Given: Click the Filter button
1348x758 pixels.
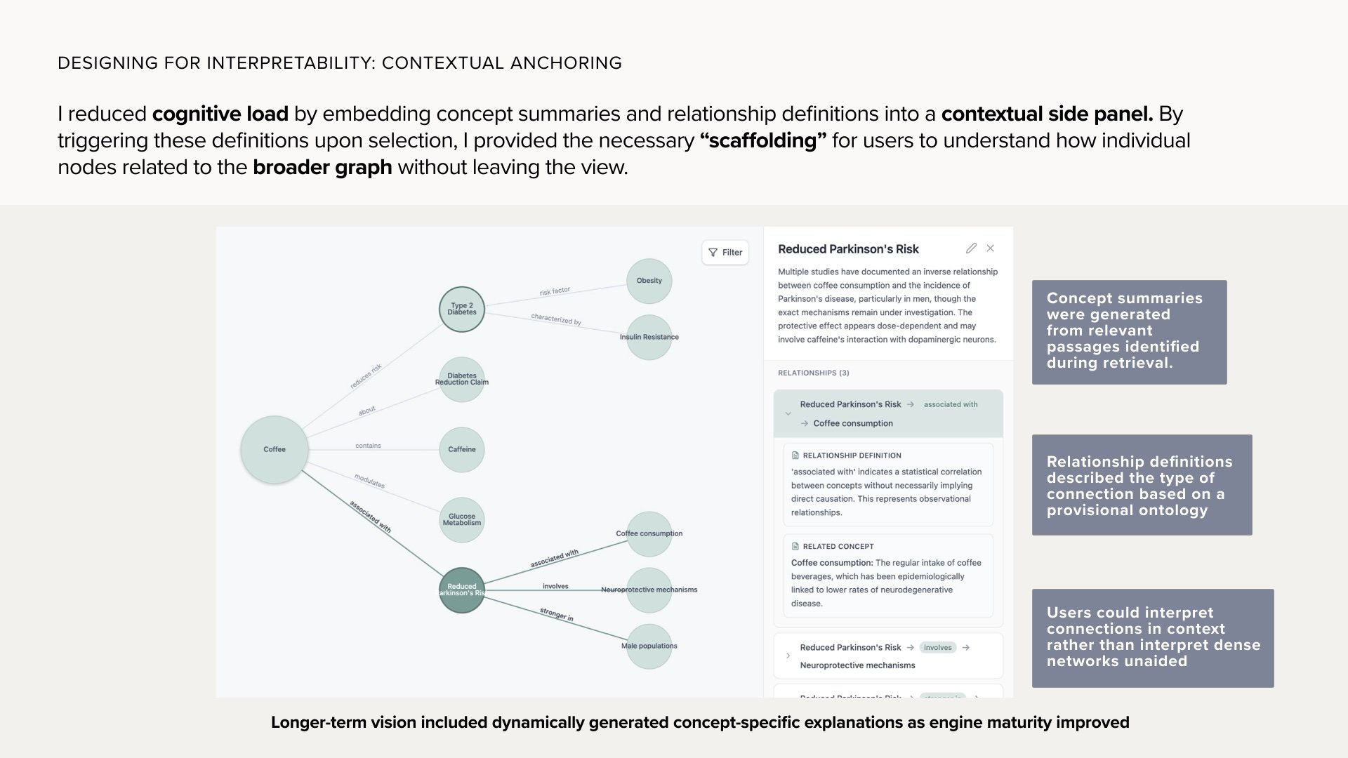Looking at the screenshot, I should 725,253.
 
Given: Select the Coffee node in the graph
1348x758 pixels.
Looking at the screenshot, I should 275,449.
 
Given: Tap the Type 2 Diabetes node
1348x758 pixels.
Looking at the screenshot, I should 462,309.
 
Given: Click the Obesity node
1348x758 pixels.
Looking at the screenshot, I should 649,281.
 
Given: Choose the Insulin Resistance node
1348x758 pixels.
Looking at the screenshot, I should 649,337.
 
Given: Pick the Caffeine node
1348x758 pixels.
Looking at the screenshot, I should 462,449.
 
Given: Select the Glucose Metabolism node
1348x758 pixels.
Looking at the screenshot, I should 462,520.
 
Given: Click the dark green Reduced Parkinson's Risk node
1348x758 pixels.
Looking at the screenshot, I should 461,590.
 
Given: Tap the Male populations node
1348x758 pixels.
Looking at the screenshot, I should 649,646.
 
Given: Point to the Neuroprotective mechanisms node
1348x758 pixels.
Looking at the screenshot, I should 649,590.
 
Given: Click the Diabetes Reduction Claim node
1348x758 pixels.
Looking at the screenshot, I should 462,379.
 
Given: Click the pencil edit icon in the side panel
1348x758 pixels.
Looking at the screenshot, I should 971,248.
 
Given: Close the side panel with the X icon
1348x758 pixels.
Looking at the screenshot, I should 991,248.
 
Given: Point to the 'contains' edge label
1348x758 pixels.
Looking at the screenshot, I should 368,446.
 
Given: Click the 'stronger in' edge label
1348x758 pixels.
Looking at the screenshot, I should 557,615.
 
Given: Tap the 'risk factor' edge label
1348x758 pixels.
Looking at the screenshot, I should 555,291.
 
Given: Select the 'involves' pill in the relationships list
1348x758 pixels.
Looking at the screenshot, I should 938,647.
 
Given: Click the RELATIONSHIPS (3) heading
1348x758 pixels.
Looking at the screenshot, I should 813,373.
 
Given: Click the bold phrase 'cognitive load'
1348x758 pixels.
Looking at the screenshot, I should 220,114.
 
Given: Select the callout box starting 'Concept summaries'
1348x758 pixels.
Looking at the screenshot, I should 1129,332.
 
